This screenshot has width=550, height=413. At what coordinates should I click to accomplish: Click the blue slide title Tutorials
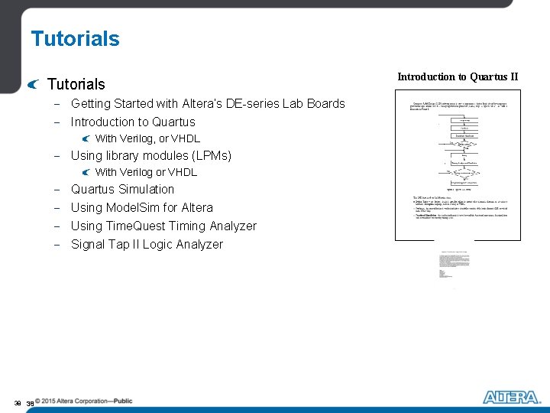(75, 39)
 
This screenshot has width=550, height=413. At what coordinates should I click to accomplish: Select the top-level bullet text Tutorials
(76, 84)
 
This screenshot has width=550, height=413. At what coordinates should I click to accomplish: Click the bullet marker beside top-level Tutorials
(31, 83)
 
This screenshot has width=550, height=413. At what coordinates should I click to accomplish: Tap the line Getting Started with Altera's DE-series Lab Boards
(208, 103)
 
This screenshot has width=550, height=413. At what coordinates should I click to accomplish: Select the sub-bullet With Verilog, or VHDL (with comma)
(147, 138)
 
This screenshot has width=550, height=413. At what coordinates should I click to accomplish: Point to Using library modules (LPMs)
(150, 155)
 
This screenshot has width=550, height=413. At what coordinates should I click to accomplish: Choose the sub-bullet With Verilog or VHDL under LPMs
(146, 172)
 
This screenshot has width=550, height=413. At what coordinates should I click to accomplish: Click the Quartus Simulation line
(122, 189)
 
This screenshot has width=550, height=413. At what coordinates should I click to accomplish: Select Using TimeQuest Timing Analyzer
(163, 226)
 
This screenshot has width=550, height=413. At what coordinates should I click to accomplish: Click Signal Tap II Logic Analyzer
(147, 244)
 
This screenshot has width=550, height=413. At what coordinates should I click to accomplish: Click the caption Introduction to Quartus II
(458, 76)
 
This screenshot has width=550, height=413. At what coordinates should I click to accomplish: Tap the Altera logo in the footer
(510, 397)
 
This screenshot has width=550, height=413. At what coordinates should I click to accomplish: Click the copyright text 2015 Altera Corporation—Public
(88, 401)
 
